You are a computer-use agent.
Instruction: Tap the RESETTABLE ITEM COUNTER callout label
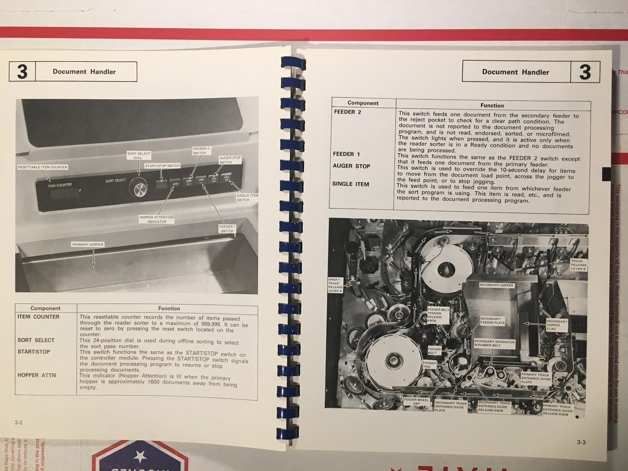click(x=43, y=167)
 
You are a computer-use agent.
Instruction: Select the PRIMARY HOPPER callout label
click(x=88, y=245)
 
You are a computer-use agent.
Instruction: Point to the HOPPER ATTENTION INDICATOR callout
click(x=157, y=219)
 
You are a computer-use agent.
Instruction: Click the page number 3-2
click(x=19, y=423)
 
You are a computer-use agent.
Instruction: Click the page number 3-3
click(x=581, y=442)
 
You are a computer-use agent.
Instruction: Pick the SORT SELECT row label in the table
click(x=36, y=340)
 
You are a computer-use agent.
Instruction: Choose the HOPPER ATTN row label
click(x=36, y=375)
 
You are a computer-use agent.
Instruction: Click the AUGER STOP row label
click(x=352, y=166)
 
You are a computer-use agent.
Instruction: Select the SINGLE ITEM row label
click(x=351, y=184)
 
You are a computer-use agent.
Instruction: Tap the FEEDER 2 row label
click(x=347, y=112)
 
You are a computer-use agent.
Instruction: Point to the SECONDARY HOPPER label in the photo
click(x=496, y=285)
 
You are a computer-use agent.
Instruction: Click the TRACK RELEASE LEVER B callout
click(x=578, y=265)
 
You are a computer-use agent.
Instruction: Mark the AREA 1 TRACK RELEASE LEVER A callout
click(x=335, y=285)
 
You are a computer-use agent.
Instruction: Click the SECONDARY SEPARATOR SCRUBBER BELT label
click(x=494, y=343)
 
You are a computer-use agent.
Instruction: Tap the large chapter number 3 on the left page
click(x=22, y=72)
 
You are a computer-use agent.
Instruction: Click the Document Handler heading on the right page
click(x=515, y=72)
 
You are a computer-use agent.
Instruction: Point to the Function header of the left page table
click(x=169, y=309)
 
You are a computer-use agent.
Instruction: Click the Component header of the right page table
click(x=363, y=103)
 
